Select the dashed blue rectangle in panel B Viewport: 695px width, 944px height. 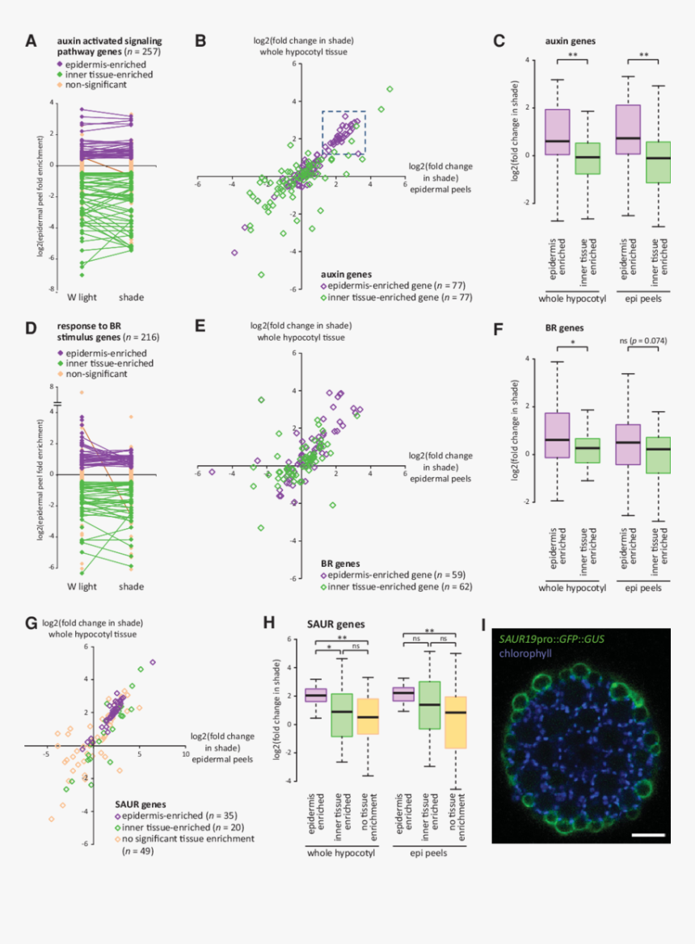point(344,132)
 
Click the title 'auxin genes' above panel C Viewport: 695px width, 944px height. point(569,40)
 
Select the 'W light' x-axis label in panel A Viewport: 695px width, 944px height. point(82,297)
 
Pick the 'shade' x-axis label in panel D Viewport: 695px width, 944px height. point(132,586)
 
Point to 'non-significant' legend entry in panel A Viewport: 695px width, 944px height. point(93,84)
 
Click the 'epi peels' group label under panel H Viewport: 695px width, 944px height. point(433,849)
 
